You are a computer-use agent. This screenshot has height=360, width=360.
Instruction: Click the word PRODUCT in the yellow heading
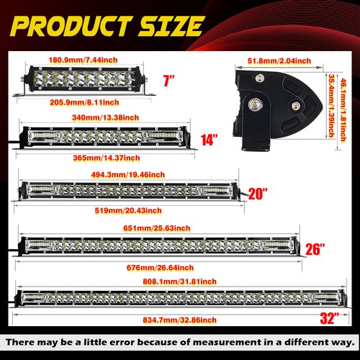pyautogui.click(x=71, y=26)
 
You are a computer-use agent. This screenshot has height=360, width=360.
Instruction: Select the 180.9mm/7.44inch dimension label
pyautogui.click(x=83, y=60)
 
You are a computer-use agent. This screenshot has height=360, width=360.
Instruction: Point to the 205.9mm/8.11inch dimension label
pyautogui.click(x=84, y=102)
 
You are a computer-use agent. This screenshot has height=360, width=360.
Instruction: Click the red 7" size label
pyautogui.click(x=169, y=81)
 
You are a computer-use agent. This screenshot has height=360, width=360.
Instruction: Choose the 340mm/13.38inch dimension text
pyautogui.click(x=105, y=117)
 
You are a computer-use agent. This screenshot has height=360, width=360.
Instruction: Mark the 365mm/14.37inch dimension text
pyautogui.click(x=107, y=158)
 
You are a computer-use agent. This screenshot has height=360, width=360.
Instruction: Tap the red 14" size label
pyautogui.click(x=209, y=140)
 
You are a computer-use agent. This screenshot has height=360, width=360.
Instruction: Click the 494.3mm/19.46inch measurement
pyautogui.click(x=128, y=174)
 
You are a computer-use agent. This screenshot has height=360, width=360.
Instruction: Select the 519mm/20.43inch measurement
pyautogui.click(x=128, y=210)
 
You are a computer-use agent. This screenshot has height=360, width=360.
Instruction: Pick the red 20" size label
pyautogui.click(x=258, y=194)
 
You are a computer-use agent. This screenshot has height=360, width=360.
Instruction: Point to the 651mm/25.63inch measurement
pyautogui.click(x=157, y=228)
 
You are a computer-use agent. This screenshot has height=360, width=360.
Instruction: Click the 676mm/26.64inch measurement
pyautogui.click(x=160, y=268)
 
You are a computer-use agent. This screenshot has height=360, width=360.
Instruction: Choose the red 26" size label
pyautogui.click(x=315, y=249)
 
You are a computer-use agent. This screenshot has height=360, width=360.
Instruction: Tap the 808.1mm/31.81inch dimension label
pyautogui.click(x=179, y=282)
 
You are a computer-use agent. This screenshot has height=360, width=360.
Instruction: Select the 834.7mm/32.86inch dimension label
pyautogui.click(x=179, y=320)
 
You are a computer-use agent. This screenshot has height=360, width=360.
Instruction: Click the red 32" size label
pyautogui.click(x=330, y=318)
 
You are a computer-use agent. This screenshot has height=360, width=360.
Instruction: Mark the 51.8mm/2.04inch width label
pyautogui.click(x=279, y=60)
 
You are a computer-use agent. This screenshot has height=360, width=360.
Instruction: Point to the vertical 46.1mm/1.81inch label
pyautogui.click(x=343, y=110)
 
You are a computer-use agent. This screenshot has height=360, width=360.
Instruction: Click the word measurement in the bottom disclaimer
pyautogui.click(x=227, y=342)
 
